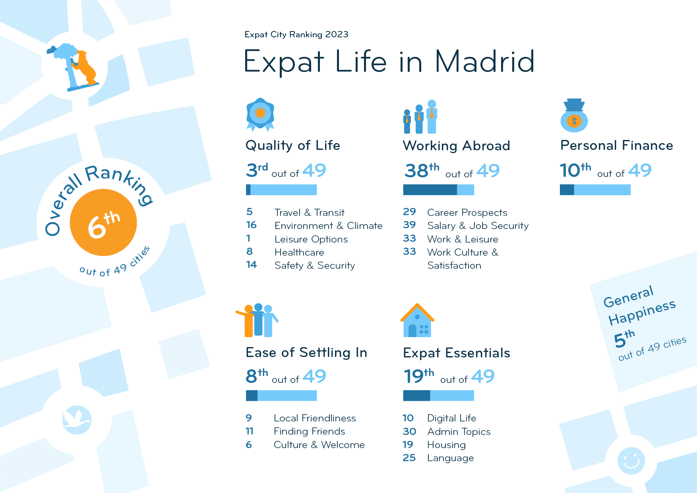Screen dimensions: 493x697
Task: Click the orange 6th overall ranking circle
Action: point(103,223)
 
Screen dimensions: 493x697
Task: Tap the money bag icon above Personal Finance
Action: point(574,116)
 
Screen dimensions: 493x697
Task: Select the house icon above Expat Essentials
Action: point(417,321)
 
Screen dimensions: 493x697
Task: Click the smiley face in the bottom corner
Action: point(631,461)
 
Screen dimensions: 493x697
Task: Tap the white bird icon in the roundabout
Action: point(76,419)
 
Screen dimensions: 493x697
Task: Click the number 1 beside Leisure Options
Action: point(248,239)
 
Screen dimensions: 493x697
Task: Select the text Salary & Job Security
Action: point(478,226)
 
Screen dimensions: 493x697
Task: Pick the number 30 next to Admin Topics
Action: point(409,431)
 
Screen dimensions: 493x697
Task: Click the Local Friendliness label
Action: point(315,418)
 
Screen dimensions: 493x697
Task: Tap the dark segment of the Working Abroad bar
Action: point(430,190)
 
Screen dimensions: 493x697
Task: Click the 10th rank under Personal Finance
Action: point(575,170)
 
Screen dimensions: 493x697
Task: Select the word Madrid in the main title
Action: point(485,62)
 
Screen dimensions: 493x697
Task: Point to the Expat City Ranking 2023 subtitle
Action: point(296,35)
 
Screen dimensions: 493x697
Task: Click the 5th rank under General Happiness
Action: point(624,339)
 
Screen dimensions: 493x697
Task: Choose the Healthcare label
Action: point(299,252)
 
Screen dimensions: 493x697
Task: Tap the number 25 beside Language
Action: point(409,458)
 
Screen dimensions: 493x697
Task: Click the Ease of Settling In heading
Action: point(306,353)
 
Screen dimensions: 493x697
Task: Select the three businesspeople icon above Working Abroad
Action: point(420,117)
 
